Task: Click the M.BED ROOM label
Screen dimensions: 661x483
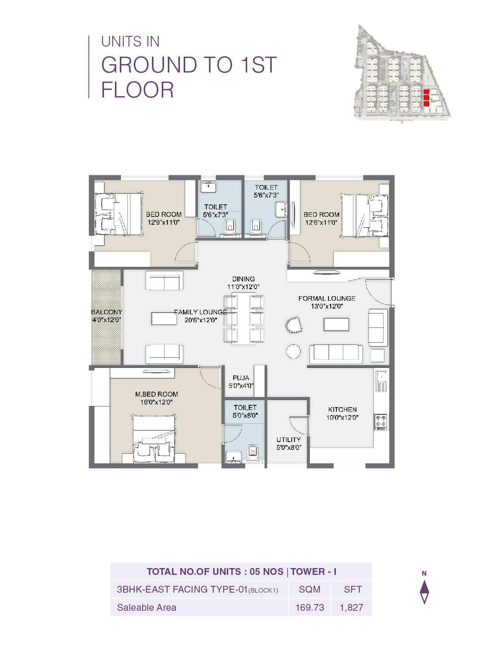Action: click(x=156, y=394)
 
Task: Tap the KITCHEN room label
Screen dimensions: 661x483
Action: click(x=342, y=409)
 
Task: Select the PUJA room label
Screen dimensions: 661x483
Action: click(x=241, y=378)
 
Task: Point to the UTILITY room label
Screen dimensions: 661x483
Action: click(x=288, y=440)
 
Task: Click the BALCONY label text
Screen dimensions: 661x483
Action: click(x=106, y=312)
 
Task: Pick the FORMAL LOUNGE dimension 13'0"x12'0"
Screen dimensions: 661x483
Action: click(x=327, y=306)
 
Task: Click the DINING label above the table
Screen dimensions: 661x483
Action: click(x=243, y=279)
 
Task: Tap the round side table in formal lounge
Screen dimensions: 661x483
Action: click(x=293, y=351)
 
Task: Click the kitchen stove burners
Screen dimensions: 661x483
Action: click(x=381, y=422)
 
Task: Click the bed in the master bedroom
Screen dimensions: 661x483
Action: click(x=154, y=438)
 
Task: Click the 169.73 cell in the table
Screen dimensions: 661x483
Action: click(x=310, y=607)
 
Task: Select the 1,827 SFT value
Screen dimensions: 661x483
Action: click(x=351, y=607)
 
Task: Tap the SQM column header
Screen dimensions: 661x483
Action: click(x=310, y=589)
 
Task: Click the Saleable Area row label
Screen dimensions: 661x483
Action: click(x=147, y=607)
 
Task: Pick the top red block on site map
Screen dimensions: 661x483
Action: click(x=426, y=92)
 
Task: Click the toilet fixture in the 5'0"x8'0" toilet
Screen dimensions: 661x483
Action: click(x=252, y=451)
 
